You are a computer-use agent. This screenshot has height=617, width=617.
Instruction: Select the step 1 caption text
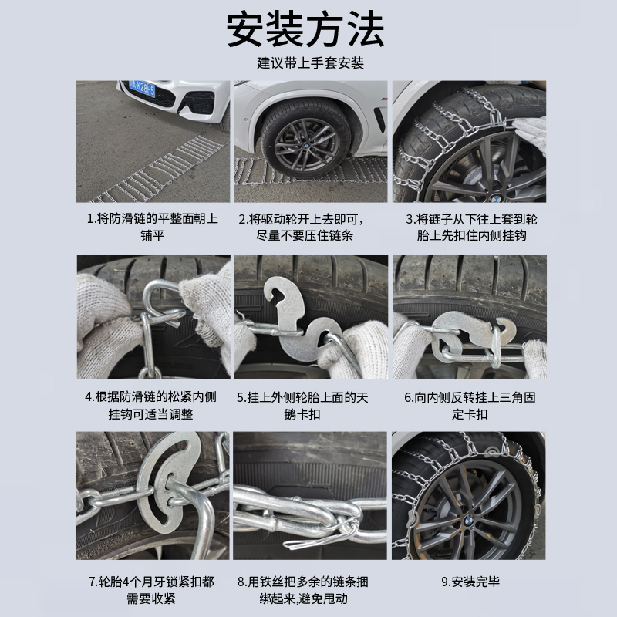153,227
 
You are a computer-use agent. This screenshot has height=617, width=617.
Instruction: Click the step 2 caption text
308,227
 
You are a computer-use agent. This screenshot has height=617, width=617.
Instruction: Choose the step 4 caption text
153,406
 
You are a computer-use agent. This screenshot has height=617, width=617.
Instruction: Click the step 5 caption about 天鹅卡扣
308,406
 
